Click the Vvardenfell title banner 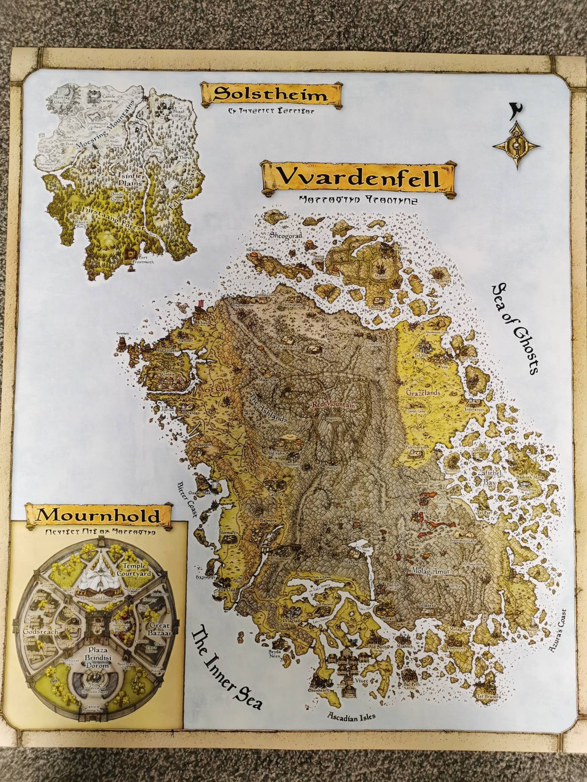358,178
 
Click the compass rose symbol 516,146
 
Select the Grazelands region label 423,392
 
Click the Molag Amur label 430,571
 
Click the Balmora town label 268,520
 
